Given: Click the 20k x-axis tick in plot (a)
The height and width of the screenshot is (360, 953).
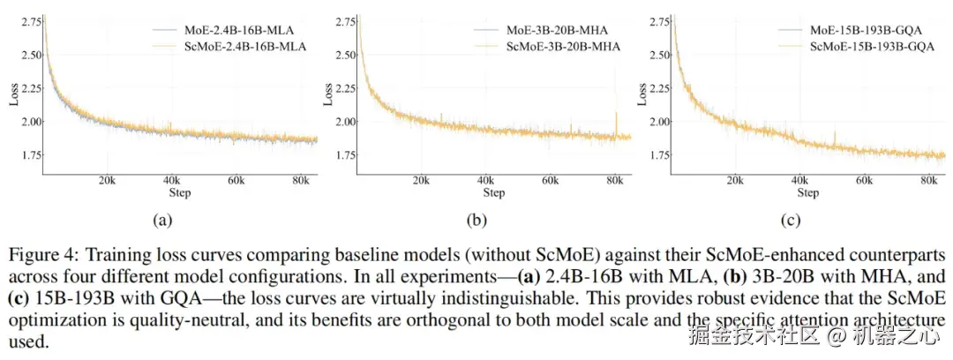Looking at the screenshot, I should click(107, 181).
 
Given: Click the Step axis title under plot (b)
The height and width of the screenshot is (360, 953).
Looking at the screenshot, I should click(494, 193).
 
